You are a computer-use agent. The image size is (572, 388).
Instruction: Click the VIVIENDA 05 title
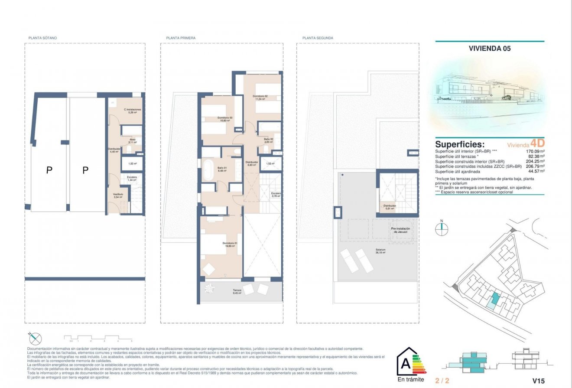(x=490, y=49)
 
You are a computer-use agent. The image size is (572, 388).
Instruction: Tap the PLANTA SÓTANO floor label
(x=42, y=38)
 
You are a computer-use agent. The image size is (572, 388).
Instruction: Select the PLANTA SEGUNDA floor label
(x=318, y=38)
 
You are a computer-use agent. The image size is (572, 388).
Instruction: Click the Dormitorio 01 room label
(x=230, y=244)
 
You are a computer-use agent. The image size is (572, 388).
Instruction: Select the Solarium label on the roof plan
(x=380, y=251)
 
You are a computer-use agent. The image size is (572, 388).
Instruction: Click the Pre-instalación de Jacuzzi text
(x=400, y=230)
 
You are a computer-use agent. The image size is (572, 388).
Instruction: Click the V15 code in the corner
(x=538, y=381)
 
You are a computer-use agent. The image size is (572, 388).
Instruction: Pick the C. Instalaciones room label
(x=132, y=111)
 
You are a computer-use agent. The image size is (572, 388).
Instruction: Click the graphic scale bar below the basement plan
(x=98, y=337)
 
